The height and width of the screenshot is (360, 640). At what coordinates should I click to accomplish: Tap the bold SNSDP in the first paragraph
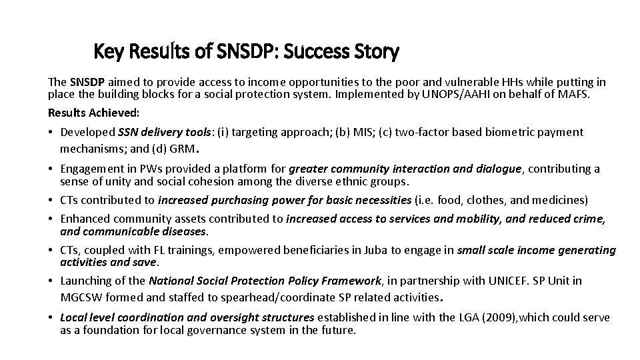point(88,82)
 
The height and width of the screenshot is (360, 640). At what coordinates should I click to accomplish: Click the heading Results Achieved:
point(94,113)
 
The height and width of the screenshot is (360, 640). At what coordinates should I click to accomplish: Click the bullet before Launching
point(52,281)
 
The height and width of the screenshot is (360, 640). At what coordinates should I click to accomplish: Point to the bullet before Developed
point(52,132)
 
